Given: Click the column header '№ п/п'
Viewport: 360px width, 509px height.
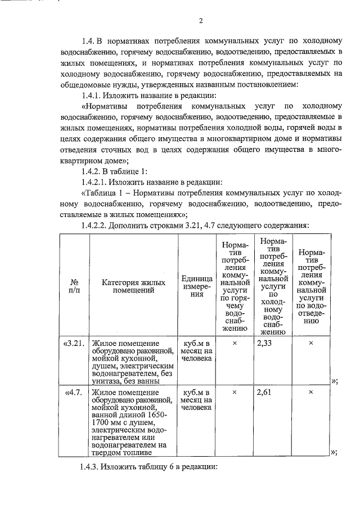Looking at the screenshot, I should tap(73, 286).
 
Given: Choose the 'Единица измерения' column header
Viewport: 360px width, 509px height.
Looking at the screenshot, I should tap(196, 286).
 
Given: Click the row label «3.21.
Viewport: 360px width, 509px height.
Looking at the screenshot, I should tap(74, 343).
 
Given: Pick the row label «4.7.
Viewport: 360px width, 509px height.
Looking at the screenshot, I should tap(75, 392).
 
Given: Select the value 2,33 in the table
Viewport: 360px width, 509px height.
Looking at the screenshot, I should tap(264, 343).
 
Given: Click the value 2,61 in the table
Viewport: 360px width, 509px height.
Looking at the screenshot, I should tap(264, 392).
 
